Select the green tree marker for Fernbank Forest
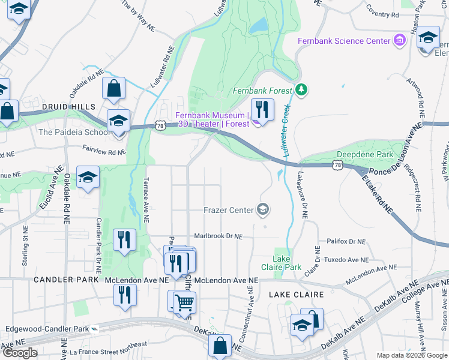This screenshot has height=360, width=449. pyautogui.click(x=302, y=91)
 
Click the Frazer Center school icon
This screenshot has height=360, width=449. pyautogui.click(x=262, y=209)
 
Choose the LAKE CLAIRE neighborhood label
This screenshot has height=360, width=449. pyautogui.click(x=296, y=295)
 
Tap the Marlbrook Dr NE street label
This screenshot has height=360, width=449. pyautogui.click(x=217, y=236)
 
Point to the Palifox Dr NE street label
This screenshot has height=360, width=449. pyautogui.click(x=346, y=241)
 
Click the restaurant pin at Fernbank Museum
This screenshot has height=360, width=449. pyautogui.click(x=262, y=110)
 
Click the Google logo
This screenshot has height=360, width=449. pyautogui.click(x=20, y=353)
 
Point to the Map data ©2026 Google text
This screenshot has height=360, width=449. pyautogui.click(x=411, y=355)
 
